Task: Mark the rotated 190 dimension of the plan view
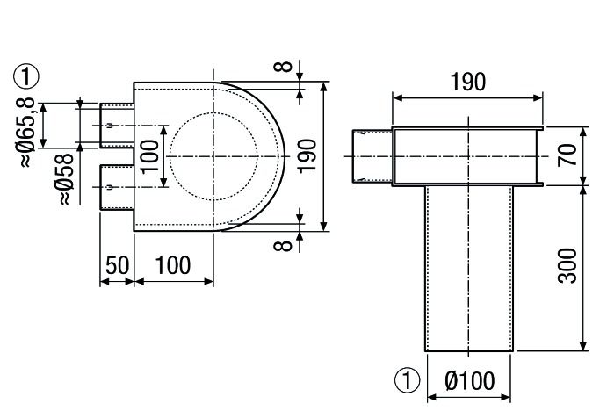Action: pos(306,156)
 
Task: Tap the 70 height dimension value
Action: pos(568,156)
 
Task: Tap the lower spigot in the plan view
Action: pos(116,187)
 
